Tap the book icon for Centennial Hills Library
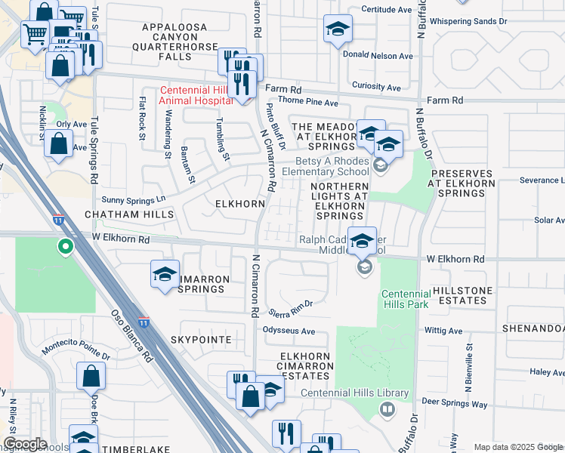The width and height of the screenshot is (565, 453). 387,409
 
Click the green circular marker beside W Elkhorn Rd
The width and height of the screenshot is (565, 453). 66,245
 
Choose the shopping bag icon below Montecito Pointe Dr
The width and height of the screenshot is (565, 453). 91,376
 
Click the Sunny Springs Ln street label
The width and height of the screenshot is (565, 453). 134,199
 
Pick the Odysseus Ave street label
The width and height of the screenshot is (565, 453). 288,331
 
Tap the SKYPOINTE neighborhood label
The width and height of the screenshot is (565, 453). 200,340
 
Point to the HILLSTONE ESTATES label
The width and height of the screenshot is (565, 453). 462,296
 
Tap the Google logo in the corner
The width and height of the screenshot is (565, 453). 25,444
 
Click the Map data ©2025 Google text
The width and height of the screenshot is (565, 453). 518,447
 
